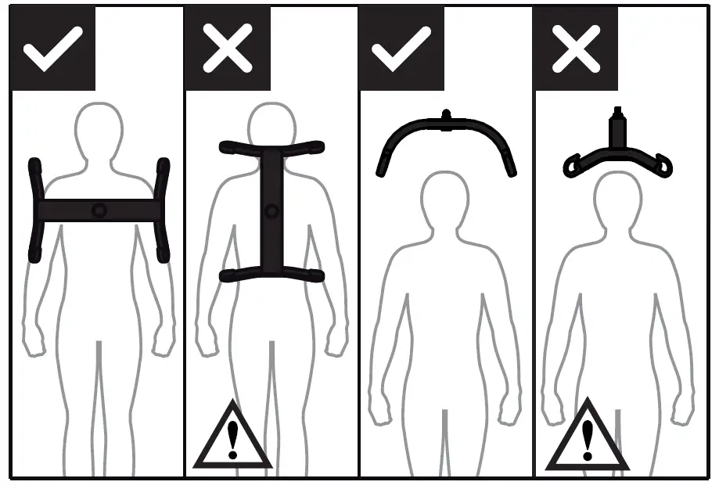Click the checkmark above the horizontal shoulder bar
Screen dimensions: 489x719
tap(52, 49)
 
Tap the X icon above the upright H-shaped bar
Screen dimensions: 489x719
tap(227, 49)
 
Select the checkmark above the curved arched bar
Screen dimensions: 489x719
tap(401, 49)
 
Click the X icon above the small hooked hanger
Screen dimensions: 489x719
tap(576, 49)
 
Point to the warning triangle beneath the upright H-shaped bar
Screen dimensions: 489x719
tap(232, 439)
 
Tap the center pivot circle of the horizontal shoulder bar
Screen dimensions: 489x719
tap(99, 210)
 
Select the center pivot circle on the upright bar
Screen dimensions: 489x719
tap(271, 210)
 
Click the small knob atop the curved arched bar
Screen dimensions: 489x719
tap(447, 115)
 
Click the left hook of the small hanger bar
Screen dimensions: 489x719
tap(574, 165)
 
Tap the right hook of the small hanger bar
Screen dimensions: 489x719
tap(663, 165)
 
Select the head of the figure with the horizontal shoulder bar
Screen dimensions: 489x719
tap(99, 129)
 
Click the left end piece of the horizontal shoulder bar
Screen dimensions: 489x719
tap(34, 210)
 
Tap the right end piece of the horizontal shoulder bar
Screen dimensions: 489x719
tap(163, 210)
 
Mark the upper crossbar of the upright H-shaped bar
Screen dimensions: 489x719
tap(271, 146)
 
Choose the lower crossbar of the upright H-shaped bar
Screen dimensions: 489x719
tap(271, 274)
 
